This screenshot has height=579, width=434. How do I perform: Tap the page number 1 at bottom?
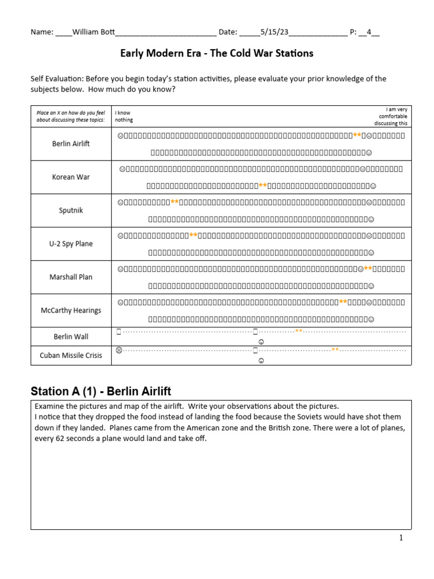(x=401, y=538)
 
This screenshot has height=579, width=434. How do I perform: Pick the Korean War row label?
(x=71, y=177)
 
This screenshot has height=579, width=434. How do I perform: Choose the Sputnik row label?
(x=71, y=210)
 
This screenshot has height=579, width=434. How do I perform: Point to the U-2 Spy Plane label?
(x=71, y=244)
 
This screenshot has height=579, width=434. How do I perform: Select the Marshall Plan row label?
(x=71, y=277)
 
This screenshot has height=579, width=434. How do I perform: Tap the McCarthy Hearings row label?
(x=71, y=310)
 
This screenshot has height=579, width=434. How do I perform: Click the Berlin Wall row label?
(x=71, y=336)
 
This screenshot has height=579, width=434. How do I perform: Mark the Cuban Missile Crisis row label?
(x=71, y=355)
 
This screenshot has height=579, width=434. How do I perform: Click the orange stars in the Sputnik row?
(x=175, y=202)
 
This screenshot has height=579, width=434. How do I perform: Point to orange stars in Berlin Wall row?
(x=299, y=331)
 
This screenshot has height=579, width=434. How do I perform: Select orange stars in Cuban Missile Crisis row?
(x=335, y=350)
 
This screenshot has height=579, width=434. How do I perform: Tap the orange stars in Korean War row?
(x=263, y=185)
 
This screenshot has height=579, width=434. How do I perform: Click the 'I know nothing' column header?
(x=124, y=116)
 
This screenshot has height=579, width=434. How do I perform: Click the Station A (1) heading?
(x=101, y=391)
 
